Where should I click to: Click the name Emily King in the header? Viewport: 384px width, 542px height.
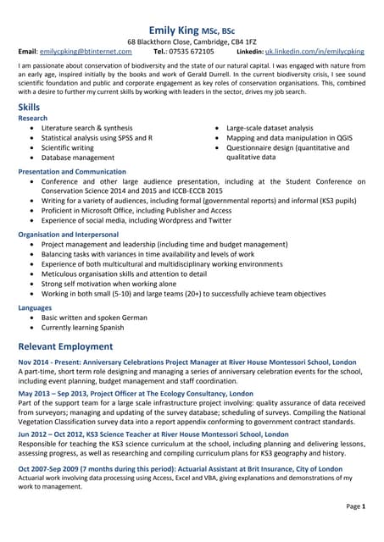[x=175, y=30]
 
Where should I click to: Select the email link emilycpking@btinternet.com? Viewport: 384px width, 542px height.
[x=86, y=52]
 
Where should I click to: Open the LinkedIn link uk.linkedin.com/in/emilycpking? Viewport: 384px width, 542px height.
[x=314, y=52]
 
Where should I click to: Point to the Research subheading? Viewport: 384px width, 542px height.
[x=34, y=119]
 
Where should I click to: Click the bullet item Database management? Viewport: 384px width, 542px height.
[x=78, y=158]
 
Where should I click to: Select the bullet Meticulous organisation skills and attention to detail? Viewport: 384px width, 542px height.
[x=124, y=274]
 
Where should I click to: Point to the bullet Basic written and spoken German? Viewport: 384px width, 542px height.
[x=94, y=318]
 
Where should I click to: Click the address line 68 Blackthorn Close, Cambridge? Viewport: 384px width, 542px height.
[x=192, y=41]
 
